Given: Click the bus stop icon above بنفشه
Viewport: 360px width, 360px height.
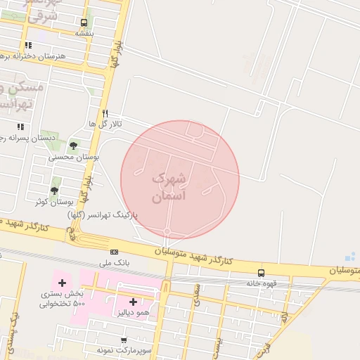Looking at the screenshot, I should click(x=84, y=22).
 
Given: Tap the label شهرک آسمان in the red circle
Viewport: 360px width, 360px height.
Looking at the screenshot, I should click(x=169, y=188).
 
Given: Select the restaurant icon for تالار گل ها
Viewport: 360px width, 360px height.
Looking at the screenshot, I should click(x=105, y=112).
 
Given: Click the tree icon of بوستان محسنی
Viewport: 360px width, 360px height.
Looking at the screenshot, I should click(x=73, y=146).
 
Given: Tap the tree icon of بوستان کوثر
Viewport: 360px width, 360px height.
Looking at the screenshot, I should click(x=54, y=190).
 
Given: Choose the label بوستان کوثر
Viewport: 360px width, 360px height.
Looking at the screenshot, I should click(x=45, y=202).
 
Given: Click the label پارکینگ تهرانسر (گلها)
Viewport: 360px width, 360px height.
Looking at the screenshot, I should click(x=103, y=214).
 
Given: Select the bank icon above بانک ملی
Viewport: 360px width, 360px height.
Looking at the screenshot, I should click(x=114, y=252).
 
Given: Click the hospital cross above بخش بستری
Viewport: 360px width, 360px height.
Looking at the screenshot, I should click(x=62, y=283).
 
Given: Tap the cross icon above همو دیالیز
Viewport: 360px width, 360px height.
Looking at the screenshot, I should click(x=133, y=302).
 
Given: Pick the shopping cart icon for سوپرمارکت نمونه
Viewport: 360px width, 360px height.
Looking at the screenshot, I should click(x=124, y=340).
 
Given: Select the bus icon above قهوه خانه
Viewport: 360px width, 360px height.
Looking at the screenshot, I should click(x=261, y=273).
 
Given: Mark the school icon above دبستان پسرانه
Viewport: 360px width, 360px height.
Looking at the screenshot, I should click(x=20, y=127).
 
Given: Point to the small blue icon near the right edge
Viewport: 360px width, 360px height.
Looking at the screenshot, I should click(x=350, y=257).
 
